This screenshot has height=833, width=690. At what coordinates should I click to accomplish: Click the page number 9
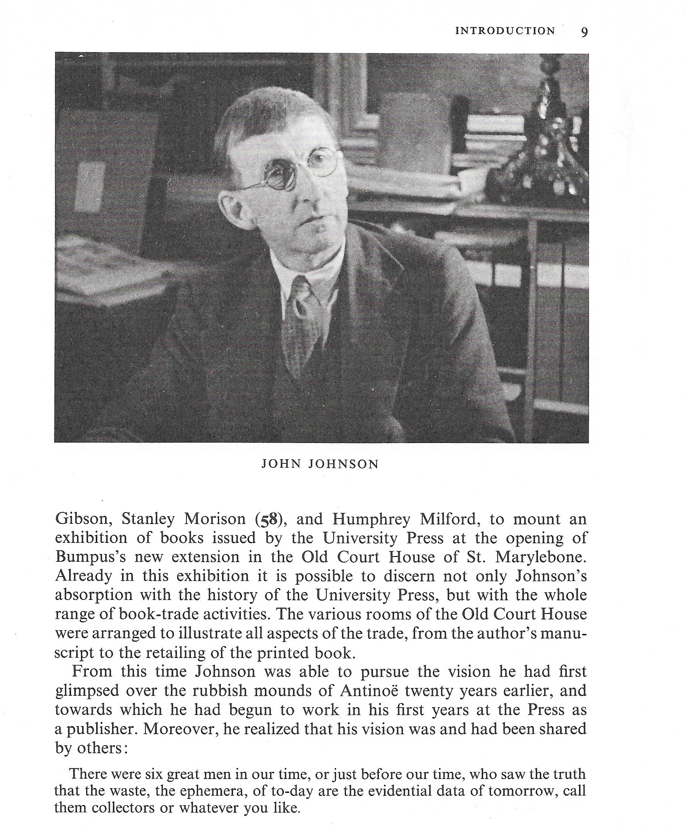click(584, 32)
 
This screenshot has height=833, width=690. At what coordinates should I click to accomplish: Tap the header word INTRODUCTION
click(505, 31)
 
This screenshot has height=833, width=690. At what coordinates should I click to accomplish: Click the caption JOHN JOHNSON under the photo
click(320, 464)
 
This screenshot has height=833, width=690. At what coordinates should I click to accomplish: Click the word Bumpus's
click(90, 557)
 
